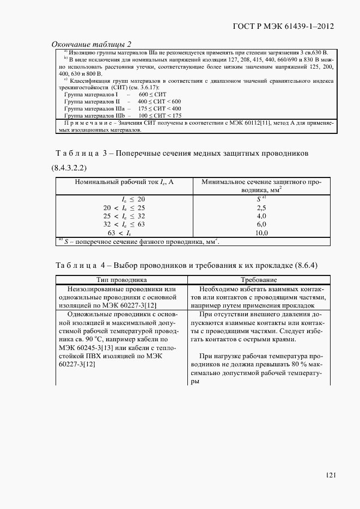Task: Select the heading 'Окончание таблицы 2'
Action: (91, 44)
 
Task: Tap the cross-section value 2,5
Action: (261, 207)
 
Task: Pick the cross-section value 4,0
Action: (261, 216)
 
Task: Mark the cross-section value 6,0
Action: (261, 224)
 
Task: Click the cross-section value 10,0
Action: (261, 232)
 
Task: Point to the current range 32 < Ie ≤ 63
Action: (124, 224)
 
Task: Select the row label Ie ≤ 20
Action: (133, 199)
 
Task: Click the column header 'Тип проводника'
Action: (121, 279)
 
